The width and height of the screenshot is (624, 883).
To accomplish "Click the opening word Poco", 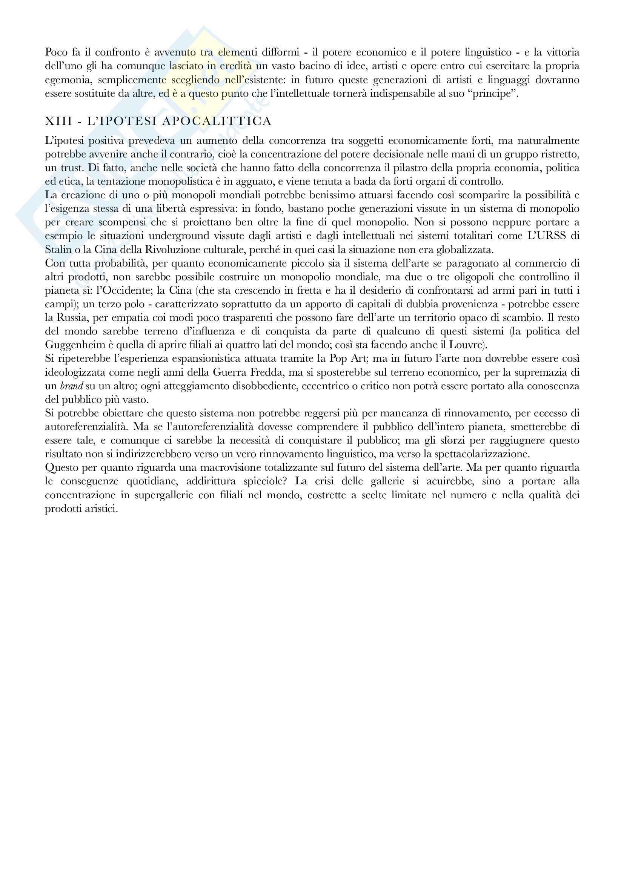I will coord(56,52).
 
